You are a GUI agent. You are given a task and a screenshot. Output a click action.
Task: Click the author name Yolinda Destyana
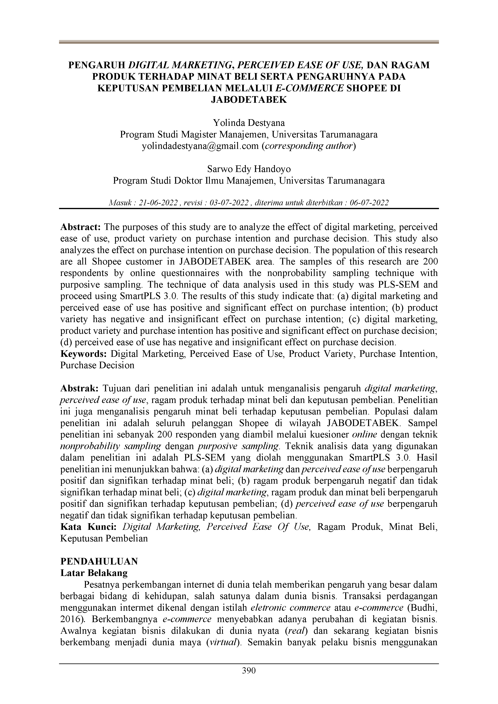point(249,123)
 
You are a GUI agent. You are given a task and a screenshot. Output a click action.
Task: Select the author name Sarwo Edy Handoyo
point(249,169)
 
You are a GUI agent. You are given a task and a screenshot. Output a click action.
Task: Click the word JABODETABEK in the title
point(249,100)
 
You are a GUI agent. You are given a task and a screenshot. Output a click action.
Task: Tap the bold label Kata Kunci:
point(88,527)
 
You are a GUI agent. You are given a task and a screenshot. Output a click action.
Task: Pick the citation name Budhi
point(425,607)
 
